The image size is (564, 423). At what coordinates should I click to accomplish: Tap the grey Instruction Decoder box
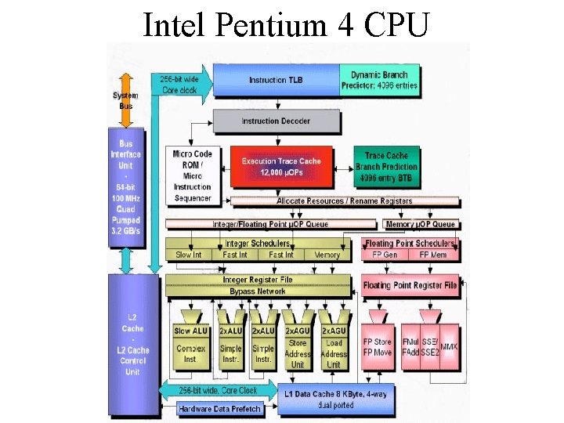click(276, 121)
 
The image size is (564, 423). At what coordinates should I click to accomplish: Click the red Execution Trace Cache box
click(281, 167)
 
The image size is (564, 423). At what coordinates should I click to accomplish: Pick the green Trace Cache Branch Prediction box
click(387, 167)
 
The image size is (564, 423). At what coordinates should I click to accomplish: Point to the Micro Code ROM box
click(192, 175)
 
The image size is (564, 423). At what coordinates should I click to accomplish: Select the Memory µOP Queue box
click(421, 225)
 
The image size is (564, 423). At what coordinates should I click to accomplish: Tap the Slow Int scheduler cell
click(189, 255)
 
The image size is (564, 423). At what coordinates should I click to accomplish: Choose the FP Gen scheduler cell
click(385, 255)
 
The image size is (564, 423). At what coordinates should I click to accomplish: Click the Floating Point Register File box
click(410, 285)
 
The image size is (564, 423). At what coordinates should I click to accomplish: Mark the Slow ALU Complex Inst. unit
click(190, 345)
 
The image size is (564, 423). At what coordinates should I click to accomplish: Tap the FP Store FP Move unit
click(378, 347)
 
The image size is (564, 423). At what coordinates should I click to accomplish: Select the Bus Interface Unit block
click(125, 186)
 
